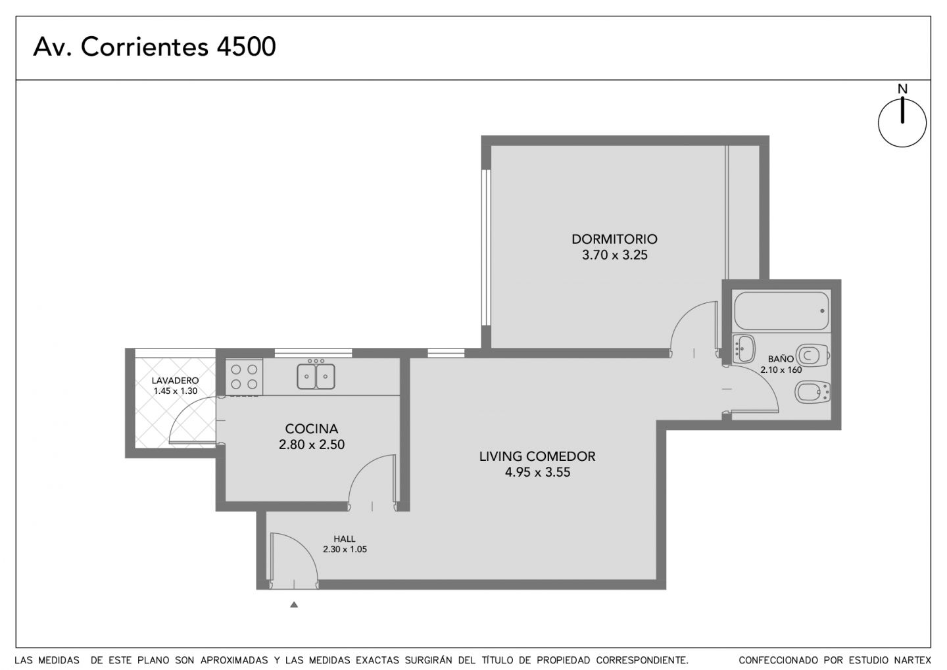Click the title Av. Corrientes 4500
[155, 47]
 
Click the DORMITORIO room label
[614, 239]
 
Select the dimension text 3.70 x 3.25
[614, 255]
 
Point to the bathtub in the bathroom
[781, 311]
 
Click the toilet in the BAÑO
[812, 356]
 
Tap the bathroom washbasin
[743, 349]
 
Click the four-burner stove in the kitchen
[244, 377]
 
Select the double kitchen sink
[316, 375]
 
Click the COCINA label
[312, 429]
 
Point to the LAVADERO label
[175, 381]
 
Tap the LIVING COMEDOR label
[537, 456]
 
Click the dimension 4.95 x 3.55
[537, 471]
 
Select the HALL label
[344, 539]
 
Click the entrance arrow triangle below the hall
[294, 604]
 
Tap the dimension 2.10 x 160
[781, 370]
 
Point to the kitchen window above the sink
[313, 353]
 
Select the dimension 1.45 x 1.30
[175, 391]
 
